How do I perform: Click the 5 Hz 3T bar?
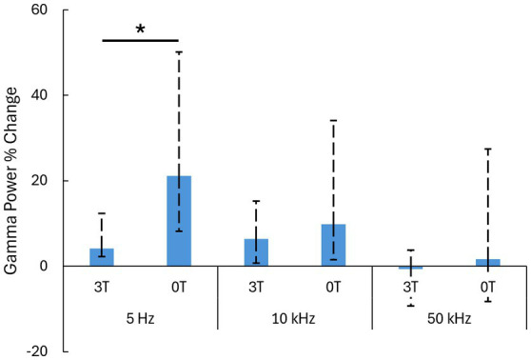(x=102, y=257)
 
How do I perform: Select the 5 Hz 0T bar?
(x=179, y=221)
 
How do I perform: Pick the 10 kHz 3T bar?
(x=256, y=252)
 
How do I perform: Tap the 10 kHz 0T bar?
(x=334, y=245)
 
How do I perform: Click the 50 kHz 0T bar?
(x=488, y=263)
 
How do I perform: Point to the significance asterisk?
(x=140, y=30)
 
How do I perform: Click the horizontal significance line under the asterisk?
(x=140, y=40)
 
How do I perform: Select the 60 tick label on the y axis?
(x=40, y=10)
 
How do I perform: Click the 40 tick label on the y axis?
(x=40, y=95)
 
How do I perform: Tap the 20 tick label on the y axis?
(x=40, y=181)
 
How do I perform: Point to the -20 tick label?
(x=37, y=351)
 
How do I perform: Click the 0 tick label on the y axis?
(x=44, y=266)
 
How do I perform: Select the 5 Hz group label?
(x=140, y=319)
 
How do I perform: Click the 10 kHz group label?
(x=294, y=319)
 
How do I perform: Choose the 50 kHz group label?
(x=449, y=319)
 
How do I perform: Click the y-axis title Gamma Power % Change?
(x=11, y=181)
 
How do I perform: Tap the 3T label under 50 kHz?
(x=411, y=287)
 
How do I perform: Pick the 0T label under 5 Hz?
(x=179, y=287)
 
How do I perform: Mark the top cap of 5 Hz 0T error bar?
(x=179, y=51)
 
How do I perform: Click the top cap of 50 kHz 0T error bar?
(x=488, y=149)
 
